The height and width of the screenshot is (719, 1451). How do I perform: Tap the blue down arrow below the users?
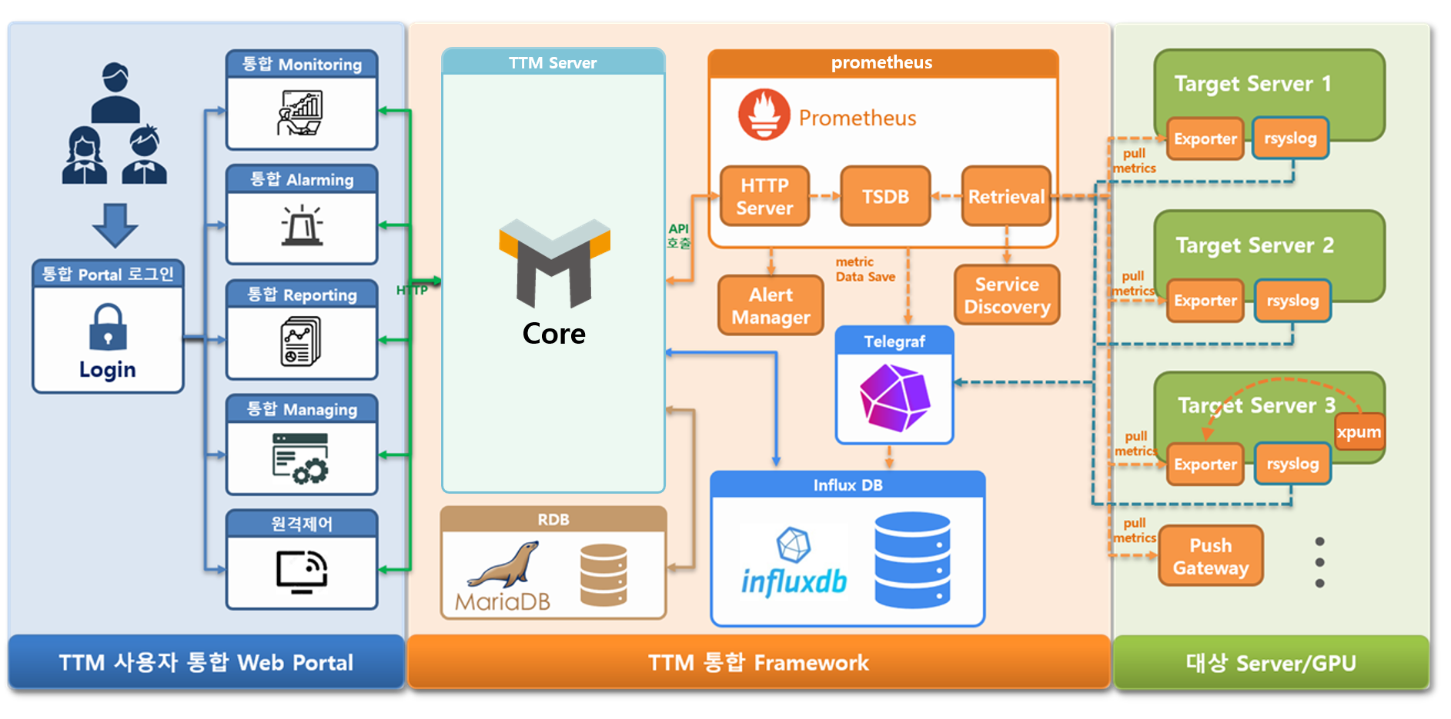[115, 225]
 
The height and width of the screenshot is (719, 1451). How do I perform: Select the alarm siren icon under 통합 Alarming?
[302, 225]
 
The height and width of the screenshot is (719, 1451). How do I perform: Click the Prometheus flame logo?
[764, 115]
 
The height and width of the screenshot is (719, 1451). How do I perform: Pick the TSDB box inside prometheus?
[885, 197]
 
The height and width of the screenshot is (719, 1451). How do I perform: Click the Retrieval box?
[1006, 197]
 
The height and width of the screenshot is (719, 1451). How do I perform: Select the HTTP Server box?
[764, 197]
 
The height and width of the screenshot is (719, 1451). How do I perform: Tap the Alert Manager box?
[771, 305]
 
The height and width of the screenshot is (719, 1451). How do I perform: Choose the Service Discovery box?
[1007, 295]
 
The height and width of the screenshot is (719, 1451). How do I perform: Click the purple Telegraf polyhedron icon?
[894, 398]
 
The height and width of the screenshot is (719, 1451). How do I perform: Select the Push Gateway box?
[1210, 556]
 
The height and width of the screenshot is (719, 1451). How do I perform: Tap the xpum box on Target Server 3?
[1359, 432]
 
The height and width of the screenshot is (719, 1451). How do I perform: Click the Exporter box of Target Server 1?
[1205, 139]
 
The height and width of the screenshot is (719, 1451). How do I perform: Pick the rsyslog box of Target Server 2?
[1292, 301]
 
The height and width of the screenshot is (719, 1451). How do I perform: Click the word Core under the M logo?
[553, 334]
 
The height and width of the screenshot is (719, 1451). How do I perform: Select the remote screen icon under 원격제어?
[302, 571]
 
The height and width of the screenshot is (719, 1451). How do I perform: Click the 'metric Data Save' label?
[865, 269]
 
